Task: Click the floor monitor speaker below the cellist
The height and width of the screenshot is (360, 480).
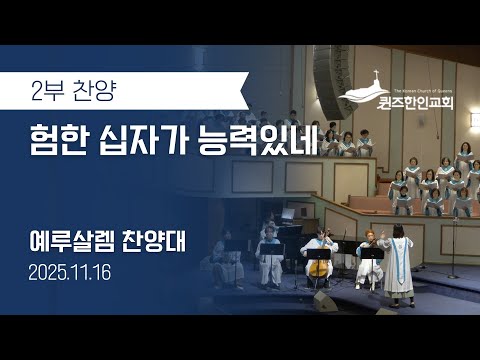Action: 326,301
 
